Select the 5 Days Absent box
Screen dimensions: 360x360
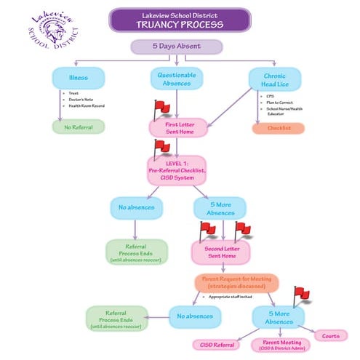click(176, 47)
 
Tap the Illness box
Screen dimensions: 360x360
click(79, 78)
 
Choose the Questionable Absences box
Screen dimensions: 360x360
click(177, 78)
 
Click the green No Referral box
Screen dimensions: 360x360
click(78, 126)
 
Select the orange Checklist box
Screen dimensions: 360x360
click(278, 128)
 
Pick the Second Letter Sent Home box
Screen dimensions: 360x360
click(222, 253)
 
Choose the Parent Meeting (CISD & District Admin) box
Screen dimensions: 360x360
click(280, 344)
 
